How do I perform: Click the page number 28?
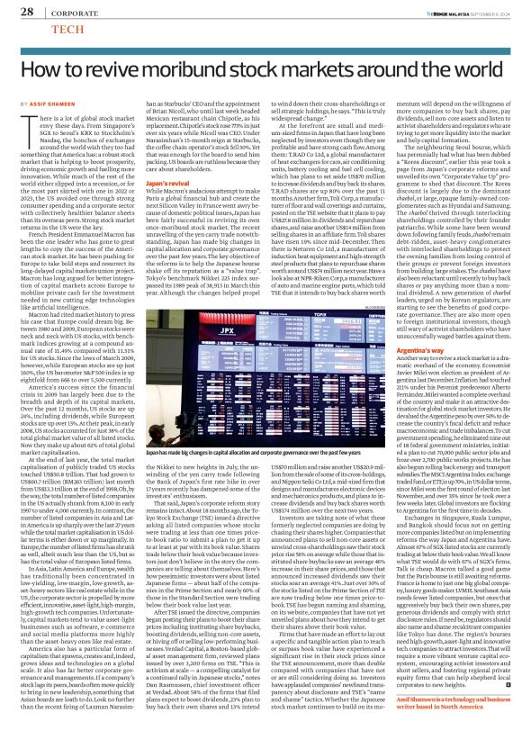coord(26,12)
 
